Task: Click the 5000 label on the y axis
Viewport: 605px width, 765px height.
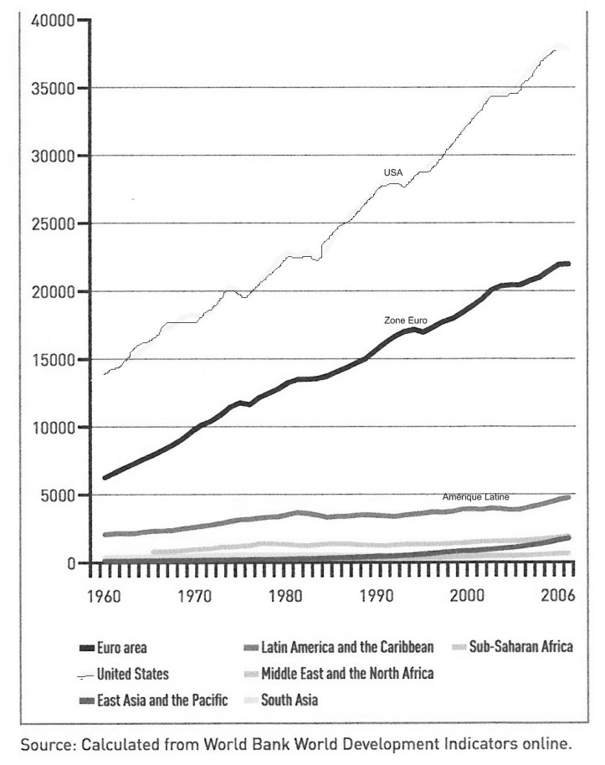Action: click(58, 495)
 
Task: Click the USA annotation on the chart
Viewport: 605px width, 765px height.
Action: click(393, 172)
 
